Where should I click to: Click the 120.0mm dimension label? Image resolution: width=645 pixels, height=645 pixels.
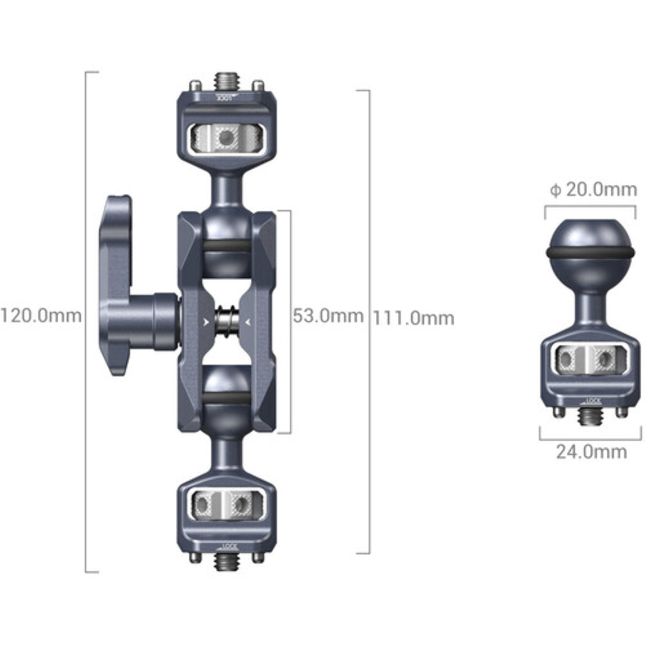41,316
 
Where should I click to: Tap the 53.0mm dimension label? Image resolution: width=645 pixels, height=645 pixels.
328,317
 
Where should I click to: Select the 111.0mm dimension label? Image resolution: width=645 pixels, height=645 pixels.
413,318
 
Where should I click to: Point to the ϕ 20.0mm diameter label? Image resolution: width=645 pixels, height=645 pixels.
593,190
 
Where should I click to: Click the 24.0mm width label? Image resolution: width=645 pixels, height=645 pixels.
591,451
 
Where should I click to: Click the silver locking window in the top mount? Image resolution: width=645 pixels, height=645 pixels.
226,137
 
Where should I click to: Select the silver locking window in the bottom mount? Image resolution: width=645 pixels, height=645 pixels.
226,504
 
